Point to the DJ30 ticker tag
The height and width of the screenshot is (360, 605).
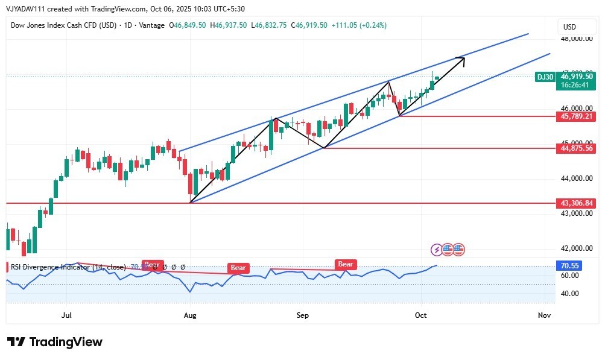545,77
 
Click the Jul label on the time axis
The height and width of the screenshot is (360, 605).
66,315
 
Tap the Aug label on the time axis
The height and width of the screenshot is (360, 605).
191,315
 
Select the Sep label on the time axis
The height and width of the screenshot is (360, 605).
302,315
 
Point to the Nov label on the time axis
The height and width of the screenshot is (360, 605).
544,315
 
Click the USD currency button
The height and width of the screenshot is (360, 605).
569,27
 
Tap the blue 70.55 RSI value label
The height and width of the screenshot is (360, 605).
570,265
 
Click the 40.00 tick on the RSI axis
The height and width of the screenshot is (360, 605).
570,294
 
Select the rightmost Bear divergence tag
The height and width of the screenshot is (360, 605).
346,264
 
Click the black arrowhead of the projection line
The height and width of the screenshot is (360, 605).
461,58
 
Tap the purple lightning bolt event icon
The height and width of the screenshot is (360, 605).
437,249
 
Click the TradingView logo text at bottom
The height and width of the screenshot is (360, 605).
55,342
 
